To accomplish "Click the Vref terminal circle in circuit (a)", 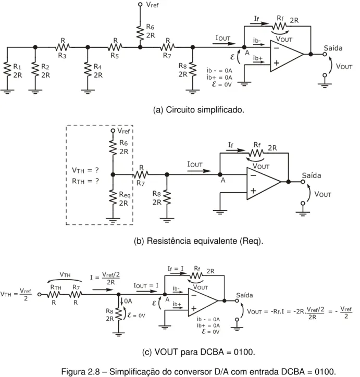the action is coord(140,4).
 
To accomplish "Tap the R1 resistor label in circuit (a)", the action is coord(17,66).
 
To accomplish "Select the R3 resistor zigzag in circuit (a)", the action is coord(63,47).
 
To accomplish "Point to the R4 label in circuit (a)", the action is coord(97,66).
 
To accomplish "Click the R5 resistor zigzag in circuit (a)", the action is coord(115,47).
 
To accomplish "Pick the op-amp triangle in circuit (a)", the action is coord(287,56).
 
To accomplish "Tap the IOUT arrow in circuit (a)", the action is coord(224,44).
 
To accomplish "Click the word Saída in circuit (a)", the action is coord(333,48).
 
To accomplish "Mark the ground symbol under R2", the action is coord(35,92).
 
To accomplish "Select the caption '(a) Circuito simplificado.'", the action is coord(198,110).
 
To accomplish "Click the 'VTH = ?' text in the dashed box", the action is coord(85,170).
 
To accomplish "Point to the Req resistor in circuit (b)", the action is coord(113,197).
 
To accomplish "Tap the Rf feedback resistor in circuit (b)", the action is coord(256,153).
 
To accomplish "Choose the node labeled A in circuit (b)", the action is coord(220,175).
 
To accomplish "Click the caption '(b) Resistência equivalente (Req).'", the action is coord(198,241).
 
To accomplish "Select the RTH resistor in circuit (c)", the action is coord(54,294).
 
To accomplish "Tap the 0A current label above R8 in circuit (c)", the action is coord(128,301).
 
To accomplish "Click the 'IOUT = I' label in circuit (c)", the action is coord(146,285).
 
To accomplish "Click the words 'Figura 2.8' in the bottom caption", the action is coord(81,371).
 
